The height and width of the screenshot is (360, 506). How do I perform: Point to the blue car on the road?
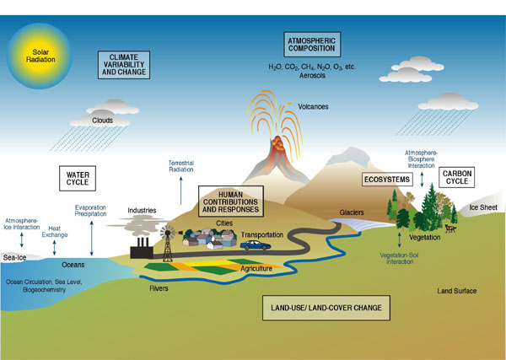coord(255,245)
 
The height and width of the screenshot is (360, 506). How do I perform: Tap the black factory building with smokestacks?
coord(139,248)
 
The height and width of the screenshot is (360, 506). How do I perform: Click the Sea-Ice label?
coord(15,257)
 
